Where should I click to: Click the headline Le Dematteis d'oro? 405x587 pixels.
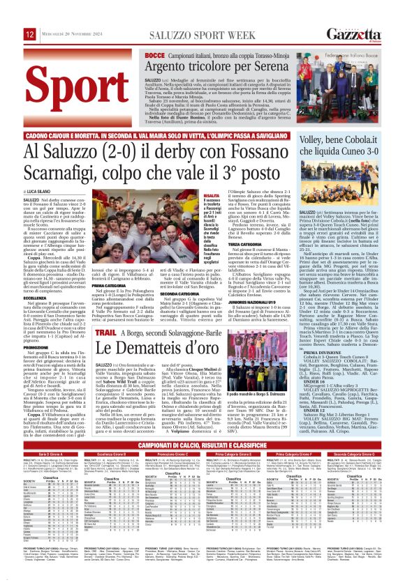163,333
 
